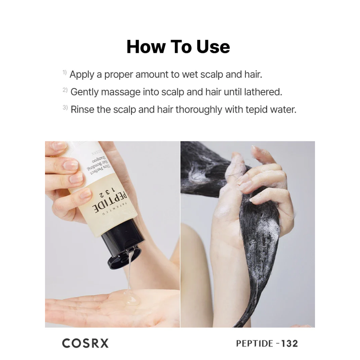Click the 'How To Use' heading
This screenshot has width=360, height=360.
(178, 47)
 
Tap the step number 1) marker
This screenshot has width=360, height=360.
(64, 73)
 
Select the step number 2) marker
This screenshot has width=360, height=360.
(65, 90)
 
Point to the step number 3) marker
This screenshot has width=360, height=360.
(65, 107)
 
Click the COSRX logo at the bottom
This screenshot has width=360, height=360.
(85, 343)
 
